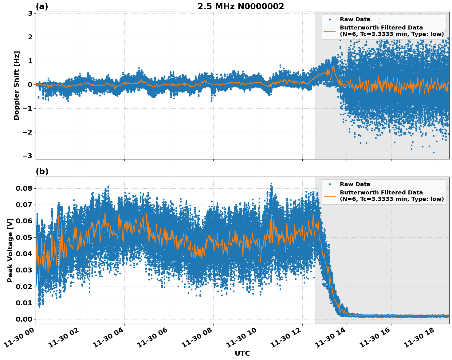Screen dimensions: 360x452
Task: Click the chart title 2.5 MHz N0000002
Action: coord(241,6)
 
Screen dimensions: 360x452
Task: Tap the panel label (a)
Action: coord(42,6)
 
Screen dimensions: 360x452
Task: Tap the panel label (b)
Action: coord(42,171)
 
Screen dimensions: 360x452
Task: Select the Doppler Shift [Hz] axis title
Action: coord(17,85)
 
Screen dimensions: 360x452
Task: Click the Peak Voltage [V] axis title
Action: coord(10,250)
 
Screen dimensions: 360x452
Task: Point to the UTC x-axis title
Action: coord(242,353)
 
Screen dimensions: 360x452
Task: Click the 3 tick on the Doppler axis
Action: coord(30,14)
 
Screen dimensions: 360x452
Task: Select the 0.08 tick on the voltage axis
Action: coord(24,188)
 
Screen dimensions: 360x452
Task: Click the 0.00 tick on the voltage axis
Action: coord(24,319)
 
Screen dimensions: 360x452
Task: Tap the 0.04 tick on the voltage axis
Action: coord(24,254)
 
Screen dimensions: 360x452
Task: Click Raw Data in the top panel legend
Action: coord(355,19)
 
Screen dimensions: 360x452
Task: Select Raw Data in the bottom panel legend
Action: coord(355,184)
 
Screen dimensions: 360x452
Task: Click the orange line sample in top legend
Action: coord(329,31)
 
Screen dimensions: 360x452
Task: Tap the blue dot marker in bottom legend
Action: coord(330,184)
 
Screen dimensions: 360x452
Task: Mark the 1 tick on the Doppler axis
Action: coord(30,61)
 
